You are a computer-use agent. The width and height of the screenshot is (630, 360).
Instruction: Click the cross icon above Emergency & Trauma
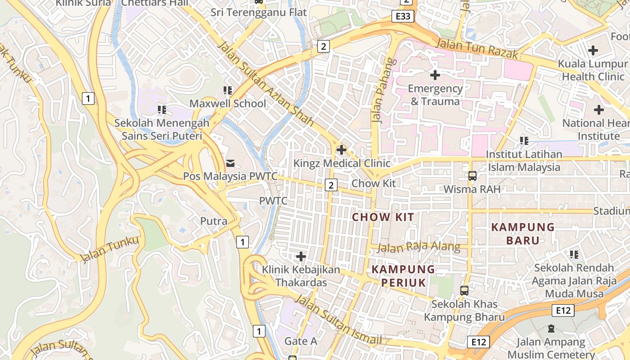pos(435,75)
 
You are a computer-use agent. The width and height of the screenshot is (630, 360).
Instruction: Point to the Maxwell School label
pos(228,103)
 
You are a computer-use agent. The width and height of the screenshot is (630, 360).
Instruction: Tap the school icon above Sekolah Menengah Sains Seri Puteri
pos(162,109)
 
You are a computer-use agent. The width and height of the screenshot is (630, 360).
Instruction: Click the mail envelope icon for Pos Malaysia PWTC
pos(230,163)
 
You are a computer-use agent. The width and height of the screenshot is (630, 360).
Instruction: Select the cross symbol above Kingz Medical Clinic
pos(342,149)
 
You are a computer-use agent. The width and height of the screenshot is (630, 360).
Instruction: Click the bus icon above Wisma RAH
pos(472,175)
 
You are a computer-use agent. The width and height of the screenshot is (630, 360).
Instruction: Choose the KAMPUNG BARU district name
pos(523,234)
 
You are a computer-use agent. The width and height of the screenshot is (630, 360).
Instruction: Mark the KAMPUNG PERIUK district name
pos(403,276)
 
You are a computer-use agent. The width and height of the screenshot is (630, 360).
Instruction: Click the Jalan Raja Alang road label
pos(418,247)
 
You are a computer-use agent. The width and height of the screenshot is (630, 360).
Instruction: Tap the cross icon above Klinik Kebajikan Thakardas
pos(301,256)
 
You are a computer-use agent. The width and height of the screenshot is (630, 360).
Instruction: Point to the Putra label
pos(214,221)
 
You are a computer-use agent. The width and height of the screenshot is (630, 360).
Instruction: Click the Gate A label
pos(301,341)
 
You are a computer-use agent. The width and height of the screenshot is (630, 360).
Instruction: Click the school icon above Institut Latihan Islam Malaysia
pos(524,141)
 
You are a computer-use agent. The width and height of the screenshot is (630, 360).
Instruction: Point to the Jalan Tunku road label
pos(110,249)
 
